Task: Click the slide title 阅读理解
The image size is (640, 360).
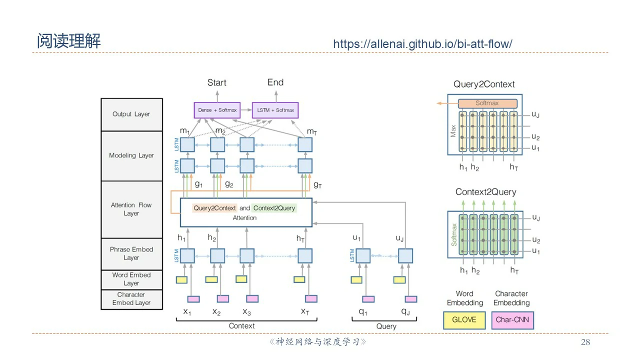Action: pos(68,41)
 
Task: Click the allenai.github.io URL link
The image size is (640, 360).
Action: pos(422,44)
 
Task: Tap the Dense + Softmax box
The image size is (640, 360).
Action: pos(216,110)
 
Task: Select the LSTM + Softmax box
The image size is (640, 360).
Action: pos(275,110)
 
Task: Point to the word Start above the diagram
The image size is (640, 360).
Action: pos(216,82)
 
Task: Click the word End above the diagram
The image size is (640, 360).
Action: pos(275,82)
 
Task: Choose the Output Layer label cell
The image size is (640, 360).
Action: pos(131,114)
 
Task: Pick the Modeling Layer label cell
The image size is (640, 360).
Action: pos(131,155)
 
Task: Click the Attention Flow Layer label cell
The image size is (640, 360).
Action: pos(131,209)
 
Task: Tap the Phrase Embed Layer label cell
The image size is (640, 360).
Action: pos(131,253)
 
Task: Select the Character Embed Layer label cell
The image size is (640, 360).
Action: pos(131,299)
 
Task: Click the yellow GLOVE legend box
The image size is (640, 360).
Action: pos(464,320)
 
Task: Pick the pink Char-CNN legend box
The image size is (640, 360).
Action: pos(512,320)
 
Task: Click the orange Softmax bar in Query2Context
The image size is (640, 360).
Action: pos(487,103)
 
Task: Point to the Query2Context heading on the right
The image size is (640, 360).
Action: pos(484,84)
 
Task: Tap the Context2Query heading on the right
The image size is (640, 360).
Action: pos(485,192)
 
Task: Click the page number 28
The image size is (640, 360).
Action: pos(585,342)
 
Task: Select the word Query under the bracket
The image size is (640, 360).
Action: pos(386,326)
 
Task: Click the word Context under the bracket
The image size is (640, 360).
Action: pos(241,326)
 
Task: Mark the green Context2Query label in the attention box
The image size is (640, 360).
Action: pos(274,208)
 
